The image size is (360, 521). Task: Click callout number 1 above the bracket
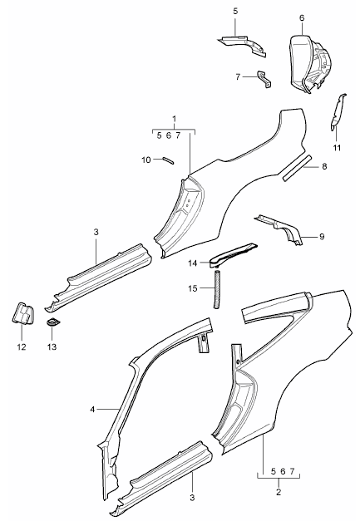pos(174,119)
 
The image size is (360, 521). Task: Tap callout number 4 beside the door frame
pos(94,409)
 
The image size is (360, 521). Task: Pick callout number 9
pos(322,238)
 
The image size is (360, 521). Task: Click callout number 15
pos(194,288)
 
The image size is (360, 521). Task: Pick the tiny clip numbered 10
pos(166,160)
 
